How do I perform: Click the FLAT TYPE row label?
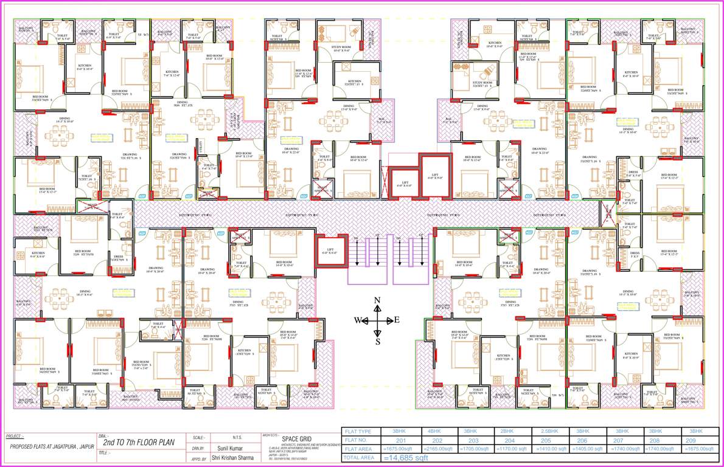click(360, 431)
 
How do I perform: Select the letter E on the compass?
click(397, 320)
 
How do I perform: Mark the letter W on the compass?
click(358, 320)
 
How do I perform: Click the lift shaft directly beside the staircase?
click(329, 251)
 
